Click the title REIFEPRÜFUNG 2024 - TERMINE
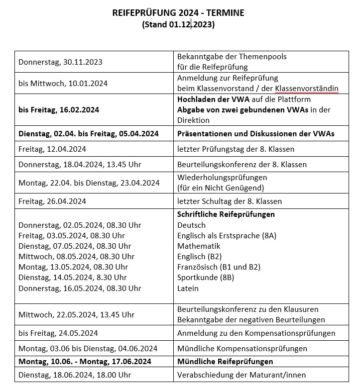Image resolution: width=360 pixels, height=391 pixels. (178, 13)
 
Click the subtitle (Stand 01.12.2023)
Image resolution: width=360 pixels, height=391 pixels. (178, 24)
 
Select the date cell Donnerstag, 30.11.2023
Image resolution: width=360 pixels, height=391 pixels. (60, 62)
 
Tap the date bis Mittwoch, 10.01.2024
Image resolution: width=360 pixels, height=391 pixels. (63, 84)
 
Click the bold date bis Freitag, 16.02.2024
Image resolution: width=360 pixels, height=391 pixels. (59, 109)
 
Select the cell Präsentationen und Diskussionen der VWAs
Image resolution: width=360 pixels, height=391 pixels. (255, 134)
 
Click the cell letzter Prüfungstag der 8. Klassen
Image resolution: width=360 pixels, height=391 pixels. (236, 149)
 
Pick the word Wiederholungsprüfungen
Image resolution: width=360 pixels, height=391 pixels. (222, 178)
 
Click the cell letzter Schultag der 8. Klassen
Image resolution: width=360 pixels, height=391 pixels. (230, 201)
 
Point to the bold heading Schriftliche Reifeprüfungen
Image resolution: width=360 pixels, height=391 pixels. (226, 214)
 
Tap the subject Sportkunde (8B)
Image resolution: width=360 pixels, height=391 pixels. (206, 278)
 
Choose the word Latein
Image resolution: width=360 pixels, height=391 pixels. (188, 288)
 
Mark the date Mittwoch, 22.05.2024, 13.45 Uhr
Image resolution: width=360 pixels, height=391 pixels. (77, 314)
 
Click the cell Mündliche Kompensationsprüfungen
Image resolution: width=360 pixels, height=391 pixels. (242, 348)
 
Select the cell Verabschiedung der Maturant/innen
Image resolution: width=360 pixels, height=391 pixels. (241, 375)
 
